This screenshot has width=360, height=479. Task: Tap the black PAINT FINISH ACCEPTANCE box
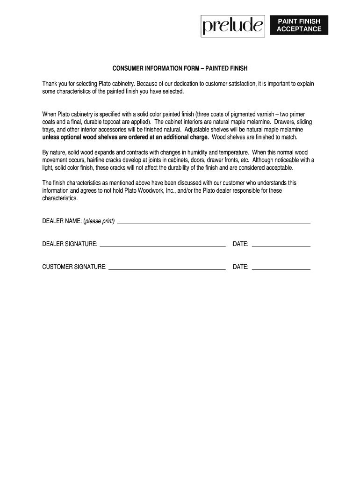(299, 25)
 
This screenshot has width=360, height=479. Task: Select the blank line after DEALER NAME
(214, 224)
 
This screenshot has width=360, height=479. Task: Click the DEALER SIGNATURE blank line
(163, 246)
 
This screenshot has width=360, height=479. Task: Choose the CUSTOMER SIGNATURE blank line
(167, 269)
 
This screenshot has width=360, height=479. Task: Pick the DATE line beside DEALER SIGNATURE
(281, 246)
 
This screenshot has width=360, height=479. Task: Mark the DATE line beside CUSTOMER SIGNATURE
(281, 269)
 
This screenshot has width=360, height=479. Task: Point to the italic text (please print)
(99, 221)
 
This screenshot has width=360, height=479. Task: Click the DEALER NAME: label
(62, 221)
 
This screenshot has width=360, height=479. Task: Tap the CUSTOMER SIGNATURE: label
(74, 267)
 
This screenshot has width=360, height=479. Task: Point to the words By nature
(54, 152)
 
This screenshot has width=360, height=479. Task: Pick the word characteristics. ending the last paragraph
(60, 198)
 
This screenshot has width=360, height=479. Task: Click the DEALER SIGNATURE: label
(70, 244)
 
